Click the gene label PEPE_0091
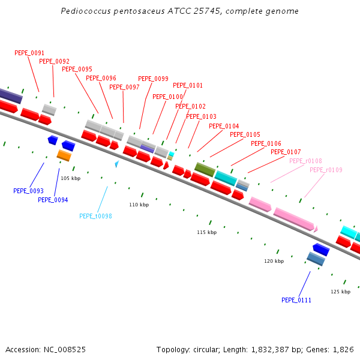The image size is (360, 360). [x=29, y=53]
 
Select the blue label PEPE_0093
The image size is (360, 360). [x=28, y=191]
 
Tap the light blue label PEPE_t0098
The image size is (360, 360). [x=95, y=216]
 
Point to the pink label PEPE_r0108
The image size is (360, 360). [x=305, y=161]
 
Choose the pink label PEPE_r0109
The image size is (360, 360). [x=326, y=170]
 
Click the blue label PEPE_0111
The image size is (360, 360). [x=296, y=300]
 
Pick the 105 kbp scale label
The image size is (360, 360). [x=70, y=178]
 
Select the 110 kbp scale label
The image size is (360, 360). [x=139, y=205]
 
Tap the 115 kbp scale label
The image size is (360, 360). [x=206, y=232]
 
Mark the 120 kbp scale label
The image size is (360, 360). [x=274, y=261]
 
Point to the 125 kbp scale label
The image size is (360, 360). [x=340, y=292]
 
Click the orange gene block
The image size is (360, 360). [x=64, y=155]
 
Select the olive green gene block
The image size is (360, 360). [x=205, y=169]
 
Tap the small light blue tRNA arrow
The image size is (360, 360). [x=117, y=164]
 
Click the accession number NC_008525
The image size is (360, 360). [x=65, y=350]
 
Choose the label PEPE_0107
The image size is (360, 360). [x=286, y=152]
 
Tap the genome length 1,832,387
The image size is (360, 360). [x=270, y=350]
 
